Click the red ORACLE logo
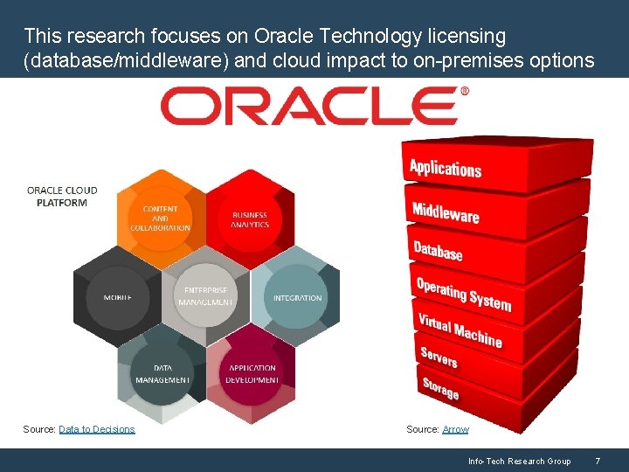[x=314, y=106]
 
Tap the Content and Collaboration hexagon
[x=161, y=218]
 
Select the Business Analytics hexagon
[x=250, y=219]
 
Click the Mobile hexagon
[x=118, y=297]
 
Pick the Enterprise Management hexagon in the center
[x=205, y=296]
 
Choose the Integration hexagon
[x=297, y=297]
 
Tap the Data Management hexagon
[x=162, y=374]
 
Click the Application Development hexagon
[x=252, y=374]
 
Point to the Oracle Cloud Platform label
[x=62, y=196]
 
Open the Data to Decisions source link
[x=97, y=429]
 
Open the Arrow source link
[x=455, y=429]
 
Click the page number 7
[x=598, y=461]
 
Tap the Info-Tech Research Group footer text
[x=519, y=461]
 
